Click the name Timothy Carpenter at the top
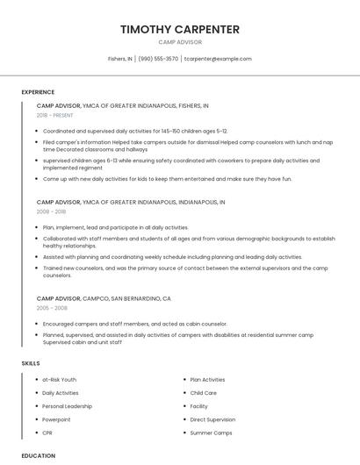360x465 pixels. click(x=180, y=30)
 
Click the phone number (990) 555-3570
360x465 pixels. click(x=158, y=59)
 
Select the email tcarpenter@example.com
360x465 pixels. click(x=218, y=59)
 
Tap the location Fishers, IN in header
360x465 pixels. click(x=120, y=59)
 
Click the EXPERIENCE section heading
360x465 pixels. click(x=38, y=92)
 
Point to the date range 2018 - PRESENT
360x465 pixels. click(x=54, y=115)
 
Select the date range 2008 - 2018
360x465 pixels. click(x=51, y=211)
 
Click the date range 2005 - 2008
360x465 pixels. click(x=51, y=308)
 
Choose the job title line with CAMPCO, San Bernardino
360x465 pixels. click(x=104, y=298)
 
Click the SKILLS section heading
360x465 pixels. click(x=31, y=362)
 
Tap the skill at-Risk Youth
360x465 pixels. click(x=60, y=379)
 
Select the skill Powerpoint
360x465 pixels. click(x=56, y=419)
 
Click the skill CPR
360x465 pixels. click(x=47, y=433)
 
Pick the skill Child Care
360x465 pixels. click(x=203, y=392)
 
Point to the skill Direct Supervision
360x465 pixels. click(x=212, y=419)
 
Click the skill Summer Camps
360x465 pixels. click(x=211, y=433)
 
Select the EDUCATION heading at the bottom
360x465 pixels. click(x=38, y=455)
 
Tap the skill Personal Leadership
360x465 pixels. click(x=67, y=406)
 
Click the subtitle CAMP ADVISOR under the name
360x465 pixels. click(x=180, y=42)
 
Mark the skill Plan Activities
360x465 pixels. click(x=207, y=379)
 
